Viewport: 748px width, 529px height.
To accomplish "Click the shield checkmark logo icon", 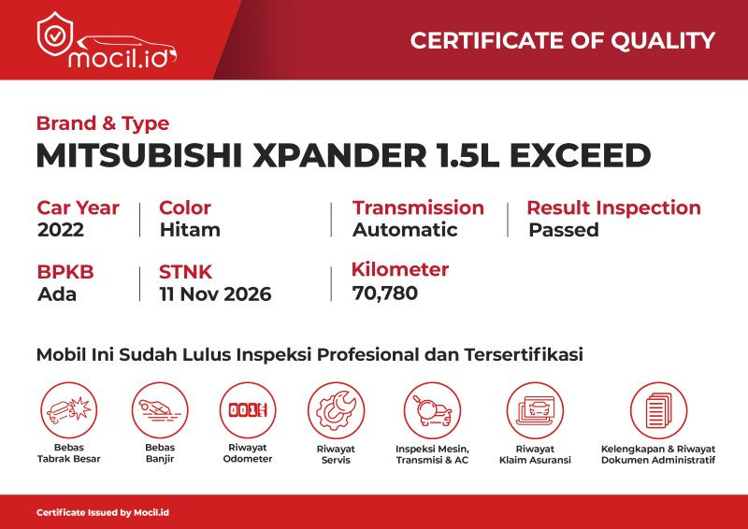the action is pos(55,34).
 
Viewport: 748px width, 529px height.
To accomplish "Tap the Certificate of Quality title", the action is pos(563,40).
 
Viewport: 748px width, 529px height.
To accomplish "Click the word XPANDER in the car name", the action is pos(339,155).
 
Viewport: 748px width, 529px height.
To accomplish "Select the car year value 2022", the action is pos(61,230).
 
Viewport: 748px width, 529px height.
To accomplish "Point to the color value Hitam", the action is pos(190,230).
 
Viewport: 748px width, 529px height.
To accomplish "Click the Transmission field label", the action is pos(418,207).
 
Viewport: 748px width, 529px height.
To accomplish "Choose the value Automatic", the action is pos(405,230).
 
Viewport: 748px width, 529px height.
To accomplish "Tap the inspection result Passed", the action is pos(564,230).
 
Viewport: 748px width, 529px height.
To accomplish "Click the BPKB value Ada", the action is pos(57,294).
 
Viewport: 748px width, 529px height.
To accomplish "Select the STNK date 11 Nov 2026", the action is pos(216,294).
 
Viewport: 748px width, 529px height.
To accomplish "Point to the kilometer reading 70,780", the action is pos(385,293).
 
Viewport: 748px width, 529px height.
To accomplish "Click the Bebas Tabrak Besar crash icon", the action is pos(68,410).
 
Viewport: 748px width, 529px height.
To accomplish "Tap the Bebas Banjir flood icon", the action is pos(160,410).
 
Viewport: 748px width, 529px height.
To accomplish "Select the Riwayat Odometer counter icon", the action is pos(248,410).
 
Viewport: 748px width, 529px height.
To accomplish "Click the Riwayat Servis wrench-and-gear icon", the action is pos(336,410).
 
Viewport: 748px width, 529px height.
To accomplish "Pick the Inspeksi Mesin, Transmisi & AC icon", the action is pos(432,410).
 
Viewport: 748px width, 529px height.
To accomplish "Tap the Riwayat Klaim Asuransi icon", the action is pos(535,410).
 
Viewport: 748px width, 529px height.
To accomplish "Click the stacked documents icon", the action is pos(658,410).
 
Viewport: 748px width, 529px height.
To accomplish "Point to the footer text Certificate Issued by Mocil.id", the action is pos(103,513).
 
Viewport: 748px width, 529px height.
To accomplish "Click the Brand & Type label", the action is pos(103,123).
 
